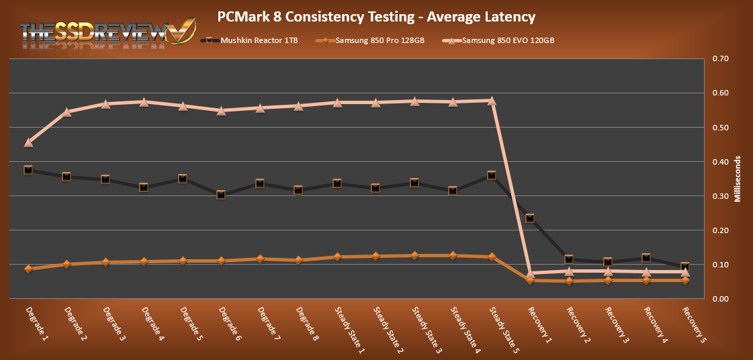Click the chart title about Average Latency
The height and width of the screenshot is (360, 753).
point(376,15)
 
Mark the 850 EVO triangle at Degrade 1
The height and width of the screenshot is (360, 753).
point(28,142)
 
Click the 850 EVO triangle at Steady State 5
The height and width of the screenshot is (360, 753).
point(492,101)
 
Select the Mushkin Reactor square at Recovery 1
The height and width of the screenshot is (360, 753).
point(530,218)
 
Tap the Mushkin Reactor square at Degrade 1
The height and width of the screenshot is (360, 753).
point(28,170)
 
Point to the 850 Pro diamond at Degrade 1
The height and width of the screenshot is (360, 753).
point(28,269)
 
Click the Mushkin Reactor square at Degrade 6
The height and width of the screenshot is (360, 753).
point(221,195)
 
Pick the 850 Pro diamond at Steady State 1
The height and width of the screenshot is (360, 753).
point(337,257)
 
